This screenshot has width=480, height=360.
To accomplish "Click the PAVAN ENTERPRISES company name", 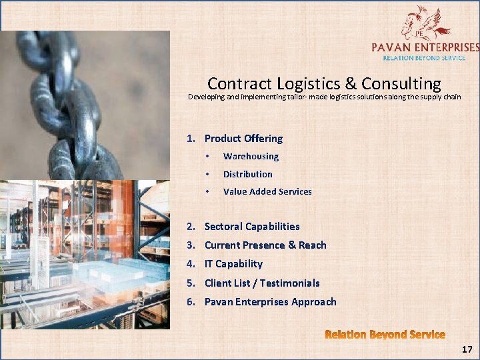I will click(x=425, y=47).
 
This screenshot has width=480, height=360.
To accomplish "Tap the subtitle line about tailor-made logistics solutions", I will click(x=324, y=97).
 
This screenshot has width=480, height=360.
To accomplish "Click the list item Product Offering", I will click(x=243, y=139).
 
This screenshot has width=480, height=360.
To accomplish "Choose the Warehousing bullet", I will click(x=251, y=157).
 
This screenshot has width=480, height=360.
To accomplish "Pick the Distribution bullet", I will click(x=247, y=174).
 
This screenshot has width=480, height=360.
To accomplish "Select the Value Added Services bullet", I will click(x=267, y=191).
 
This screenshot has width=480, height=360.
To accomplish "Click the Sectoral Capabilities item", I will click(x=252, y=227).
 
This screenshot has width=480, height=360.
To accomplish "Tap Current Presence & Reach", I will click(x=265, y=245).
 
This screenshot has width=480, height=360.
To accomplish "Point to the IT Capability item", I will click(x=233, y=264).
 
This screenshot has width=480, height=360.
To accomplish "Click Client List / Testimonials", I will click(x=262, y=283).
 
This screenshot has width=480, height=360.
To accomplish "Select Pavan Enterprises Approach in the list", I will click(x=270, y=302).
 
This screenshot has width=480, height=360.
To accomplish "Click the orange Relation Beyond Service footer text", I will click(x=385, y=334).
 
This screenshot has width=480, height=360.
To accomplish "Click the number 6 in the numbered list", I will click(x=190, y=302).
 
